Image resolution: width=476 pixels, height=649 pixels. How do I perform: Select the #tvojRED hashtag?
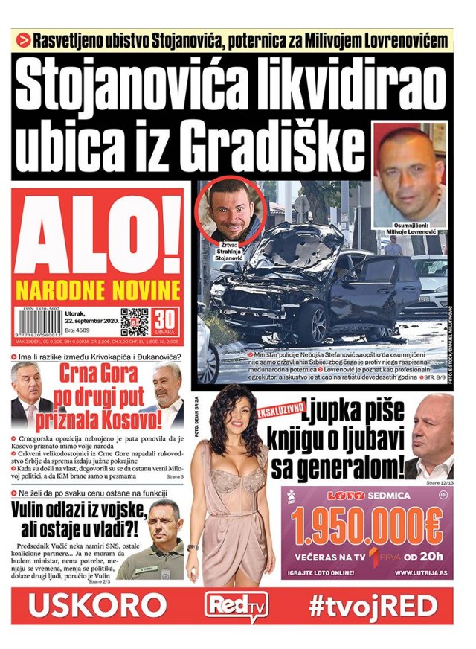[x=373, y=605]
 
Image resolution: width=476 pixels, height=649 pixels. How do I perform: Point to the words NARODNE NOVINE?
[x=97, y=290]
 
